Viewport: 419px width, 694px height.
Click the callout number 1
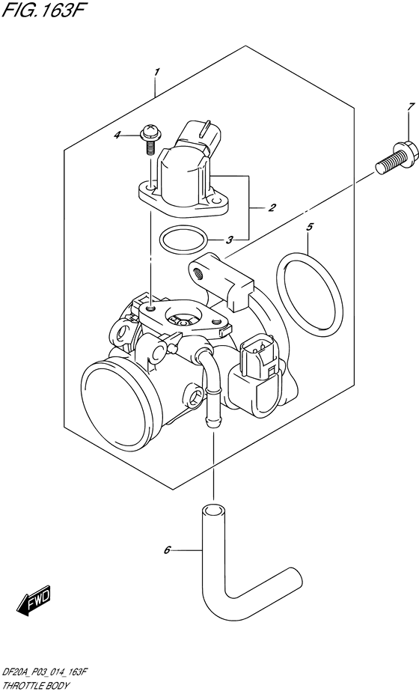coord(156,71)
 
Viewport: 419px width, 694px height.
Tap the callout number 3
coord(230,240)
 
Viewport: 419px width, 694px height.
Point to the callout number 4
coord(138,136)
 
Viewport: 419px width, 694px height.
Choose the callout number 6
coord(168,550)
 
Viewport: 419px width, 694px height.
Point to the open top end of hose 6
coord(212,512)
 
